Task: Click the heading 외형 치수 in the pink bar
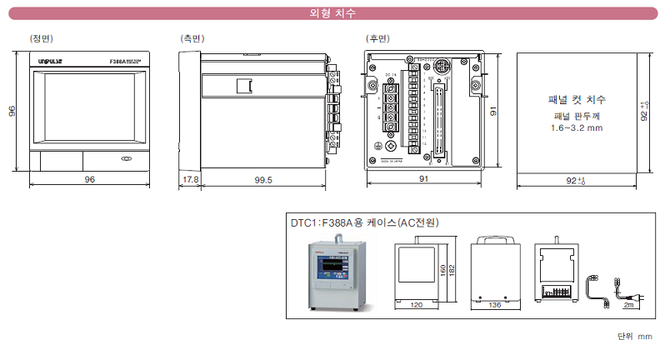coord(334,13)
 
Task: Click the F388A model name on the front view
coord(118,62)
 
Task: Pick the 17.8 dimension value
coord(190,180)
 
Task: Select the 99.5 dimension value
coord(263,180)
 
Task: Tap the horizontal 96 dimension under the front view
coord(88,180)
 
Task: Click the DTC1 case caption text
coord(364,222)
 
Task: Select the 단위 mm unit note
coord(635,337)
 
